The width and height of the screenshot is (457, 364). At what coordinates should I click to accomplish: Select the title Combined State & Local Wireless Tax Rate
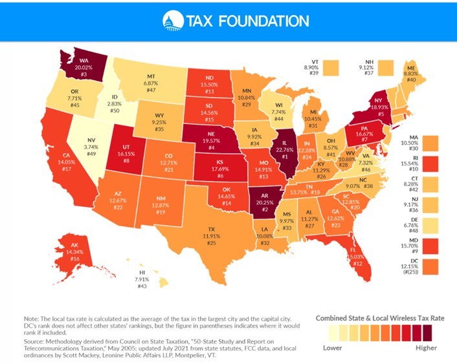(379, 319)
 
